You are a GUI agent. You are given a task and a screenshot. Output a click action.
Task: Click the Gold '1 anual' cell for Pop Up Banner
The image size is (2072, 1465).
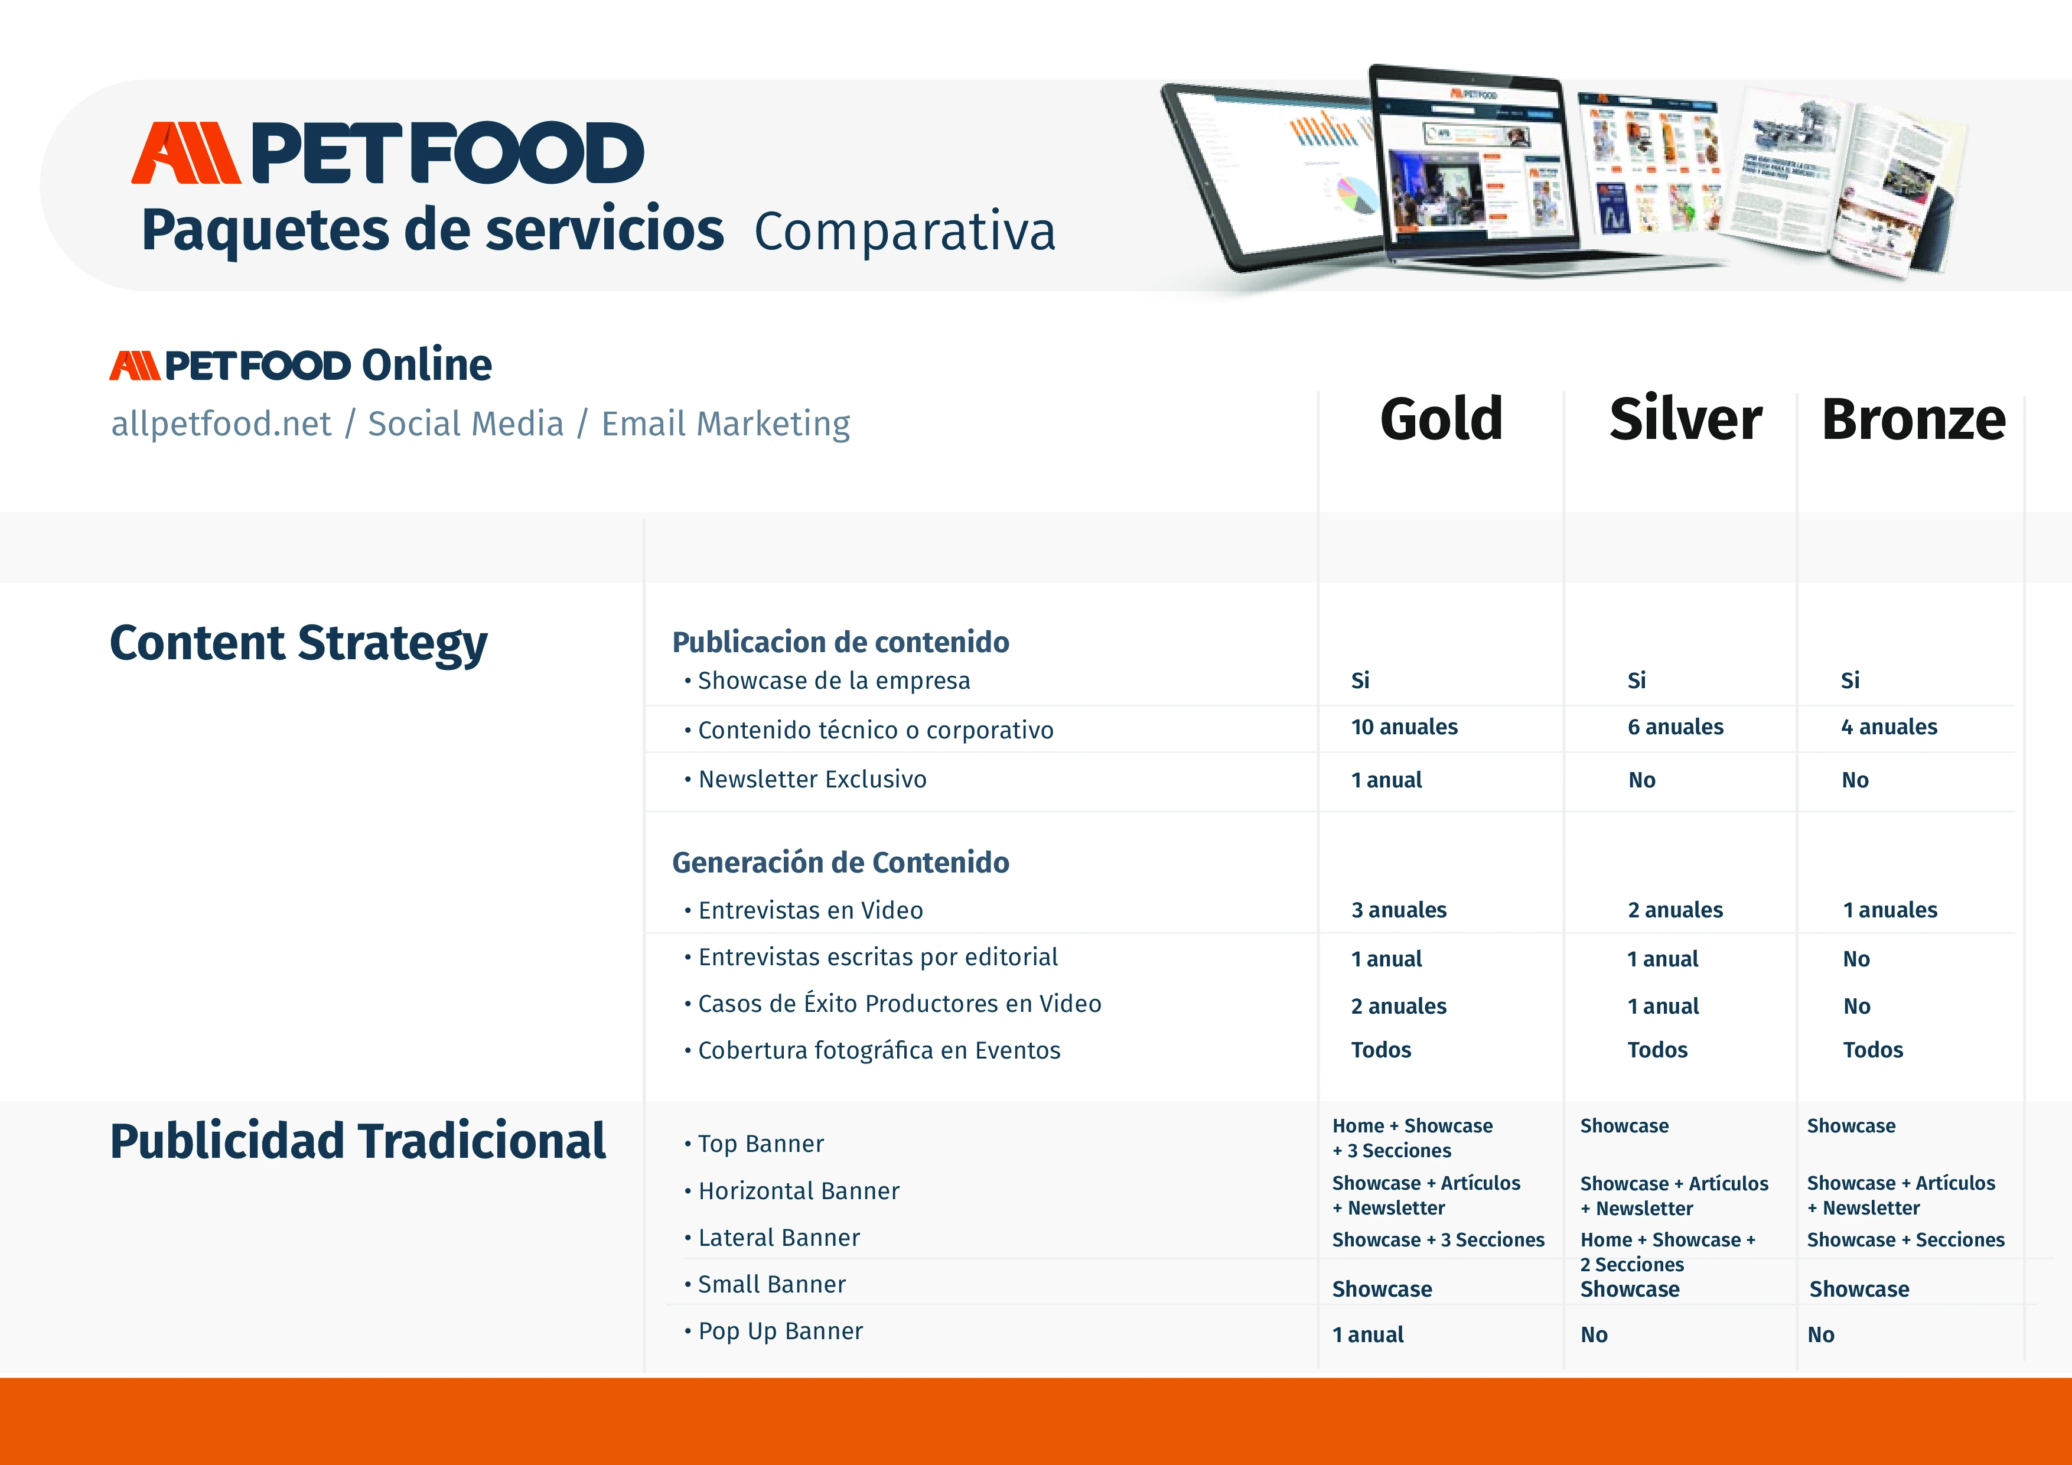(x=1368, y=1335)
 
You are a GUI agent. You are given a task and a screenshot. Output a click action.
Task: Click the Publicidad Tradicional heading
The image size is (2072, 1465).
(x=357, y=1140)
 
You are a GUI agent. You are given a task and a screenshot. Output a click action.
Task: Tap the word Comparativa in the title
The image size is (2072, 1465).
(x=904, y=231)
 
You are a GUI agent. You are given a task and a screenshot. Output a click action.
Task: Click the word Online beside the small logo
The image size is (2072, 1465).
(x=427, y=364)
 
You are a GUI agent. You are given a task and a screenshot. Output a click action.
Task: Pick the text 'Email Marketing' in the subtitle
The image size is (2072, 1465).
(x=725, y=424)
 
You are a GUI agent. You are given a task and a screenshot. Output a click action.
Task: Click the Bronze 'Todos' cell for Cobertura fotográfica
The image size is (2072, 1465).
(x=1872, y=1050)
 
